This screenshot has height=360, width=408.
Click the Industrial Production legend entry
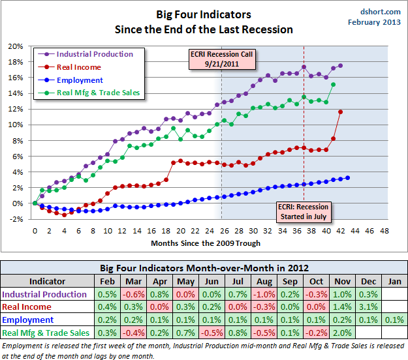[95, 54]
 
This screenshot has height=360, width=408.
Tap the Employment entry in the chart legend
[80, 80]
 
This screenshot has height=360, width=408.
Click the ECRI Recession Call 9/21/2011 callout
[222, 59]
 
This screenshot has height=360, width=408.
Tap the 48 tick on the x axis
[384, 230]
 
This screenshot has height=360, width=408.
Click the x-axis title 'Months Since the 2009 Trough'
[206, 243]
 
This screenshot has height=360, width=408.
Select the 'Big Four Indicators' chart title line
[203, 14]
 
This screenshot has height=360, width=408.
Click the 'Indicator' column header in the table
[47, 281]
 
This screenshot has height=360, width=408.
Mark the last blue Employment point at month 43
[347, 177]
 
